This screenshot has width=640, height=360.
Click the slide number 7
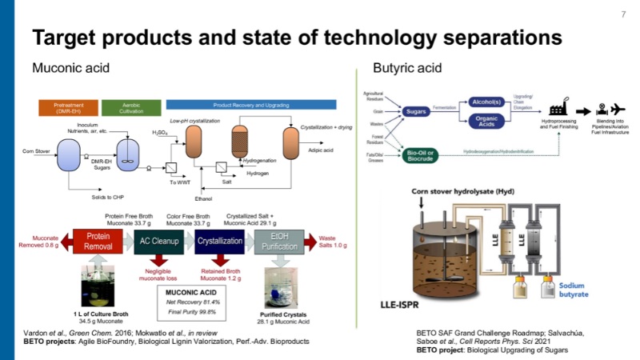[623, 14]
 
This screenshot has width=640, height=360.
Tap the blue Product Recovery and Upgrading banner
[240, 106]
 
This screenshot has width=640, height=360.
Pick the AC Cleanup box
[158, 242]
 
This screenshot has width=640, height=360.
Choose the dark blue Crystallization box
[218, 242]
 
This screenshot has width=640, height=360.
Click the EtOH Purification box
[279, 242]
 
